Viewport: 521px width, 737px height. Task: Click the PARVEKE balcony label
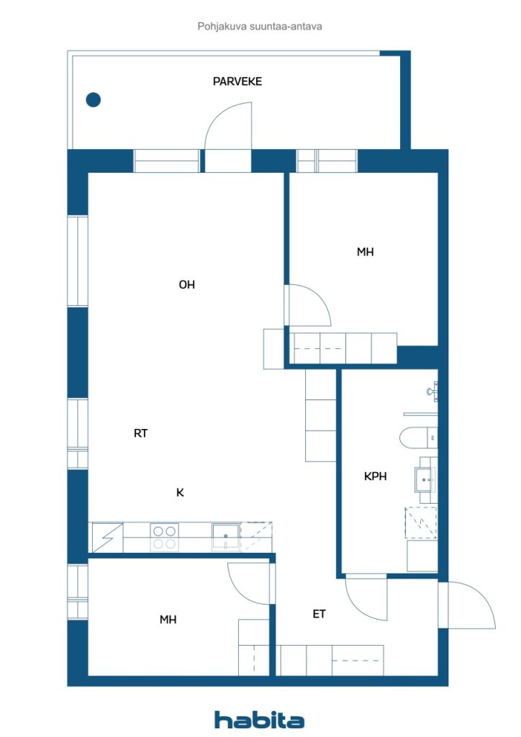(237, 81)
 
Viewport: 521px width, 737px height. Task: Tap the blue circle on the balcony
(93, 100)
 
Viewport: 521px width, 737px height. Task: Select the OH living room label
(187, 285)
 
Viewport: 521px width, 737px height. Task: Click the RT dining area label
(141, 433)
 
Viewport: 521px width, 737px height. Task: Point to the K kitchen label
(180, 493)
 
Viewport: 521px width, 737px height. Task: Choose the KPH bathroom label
(376, 476)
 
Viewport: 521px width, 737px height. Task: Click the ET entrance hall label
(319, 614)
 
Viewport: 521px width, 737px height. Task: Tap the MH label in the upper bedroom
(365, 252)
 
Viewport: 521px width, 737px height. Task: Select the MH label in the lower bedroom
(168, 620)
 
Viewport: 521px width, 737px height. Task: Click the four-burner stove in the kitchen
(164, 538)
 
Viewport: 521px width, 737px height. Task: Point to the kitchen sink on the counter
(225, 536)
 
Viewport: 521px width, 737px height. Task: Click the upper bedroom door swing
(308, 305)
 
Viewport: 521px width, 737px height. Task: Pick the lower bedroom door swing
(248, 583)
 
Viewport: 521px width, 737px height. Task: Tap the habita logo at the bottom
(259, 719)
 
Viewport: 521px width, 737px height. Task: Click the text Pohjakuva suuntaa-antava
(260, 26)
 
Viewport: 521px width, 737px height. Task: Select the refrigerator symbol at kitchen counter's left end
(106, 538)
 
